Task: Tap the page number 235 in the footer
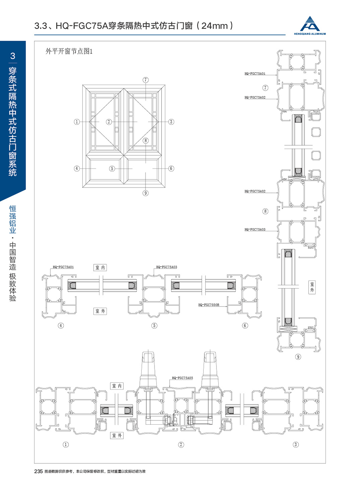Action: coord(38,472)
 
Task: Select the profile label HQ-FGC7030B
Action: coord(209,305)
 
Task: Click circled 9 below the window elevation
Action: coord(146,194)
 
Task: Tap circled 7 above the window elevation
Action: coord(146,80)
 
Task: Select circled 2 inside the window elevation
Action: coord(109,122)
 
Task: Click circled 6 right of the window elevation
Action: coord(171,168)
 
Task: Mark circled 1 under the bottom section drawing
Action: coord(66,444)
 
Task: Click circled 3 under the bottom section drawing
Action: coord(296,444)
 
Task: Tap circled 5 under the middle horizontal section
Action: coord(154,325)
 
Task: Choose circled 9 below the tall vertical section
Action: coord(298,357)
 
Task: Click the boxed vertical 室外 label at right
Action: coord(311,287)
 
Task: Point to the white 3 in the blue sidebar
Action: coord(13,56)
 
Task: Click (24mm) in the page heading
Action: coord(214,26)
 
